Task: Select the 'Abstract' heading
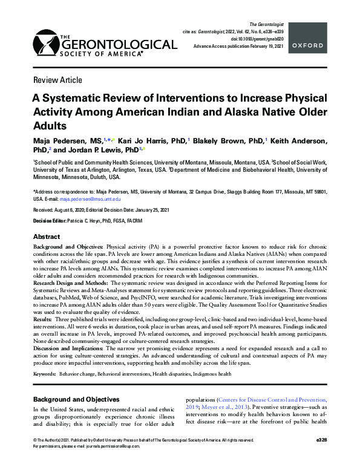pyautogui.click(x=46, y=236)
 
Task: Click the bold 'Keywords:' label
pyautogui.click(x=44, y=375)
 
